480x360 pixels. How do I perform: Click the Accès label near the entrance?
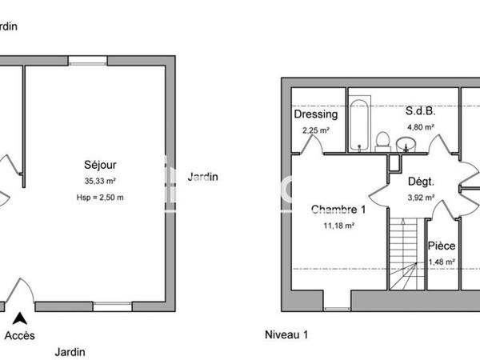point(20,335)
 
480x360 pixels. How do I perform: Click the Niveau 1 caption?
point(286,335)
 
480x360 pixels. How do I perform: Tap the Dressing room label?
point(315,114)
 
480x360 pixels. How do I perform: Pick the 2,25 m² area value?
point(315,130)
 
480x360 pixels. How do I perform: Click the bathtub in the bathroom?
point(358,124)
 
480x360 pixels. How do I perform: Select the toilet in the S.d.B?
point(382,141)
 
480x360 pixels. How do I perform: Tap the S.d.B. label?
point(419,112)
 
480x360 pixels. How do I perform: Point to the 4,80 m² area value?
point(420,126)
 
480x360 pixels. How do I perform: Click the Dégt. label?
point(421,182)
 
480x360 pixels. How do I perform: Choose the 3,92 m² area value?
point(421,197)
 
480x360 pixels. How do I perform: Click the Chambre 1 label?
point(338,210)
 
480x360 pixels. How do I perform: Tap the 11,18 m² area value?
point(338,226)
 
